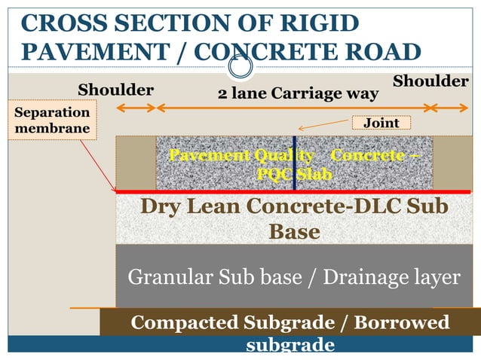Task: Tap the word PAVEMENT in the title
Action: (x=89, y=52)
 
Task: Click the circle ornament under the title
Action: (x=240, y=67)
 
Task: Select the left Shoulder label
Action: (x=116, y=90)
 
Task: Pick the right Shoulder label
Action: (x=430, y=81)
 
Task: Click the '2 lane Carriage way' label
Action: (x=297, y=94)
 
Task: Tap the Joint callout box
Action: (x=381, y=123)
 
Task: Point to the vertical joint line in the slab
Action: (x=294, y=162)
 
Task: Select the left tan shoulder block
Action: (x=136, y=162)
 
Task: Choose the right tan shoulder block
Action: (x=452, y=162)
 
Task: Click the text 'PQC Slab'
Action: (x=294, y=174)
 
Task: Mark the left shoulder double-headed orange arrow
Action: (x=136, y=108)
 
